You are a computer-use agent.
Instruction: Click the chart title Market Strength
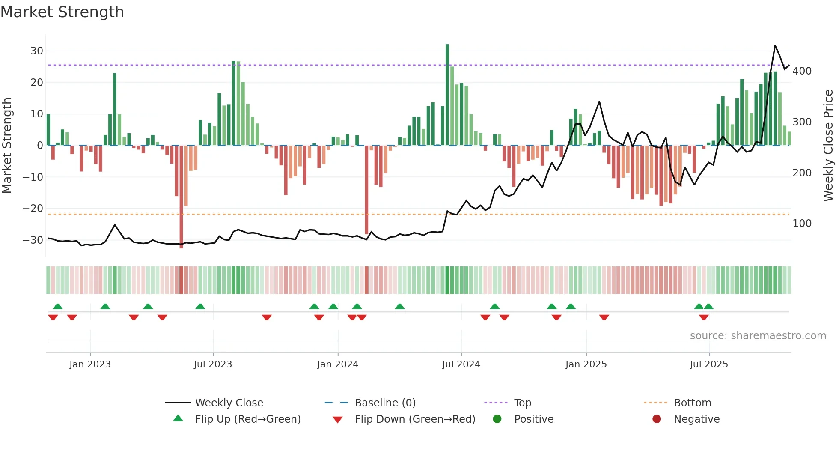(62, 12)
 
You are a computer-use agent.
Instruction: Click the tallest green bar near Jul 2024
(447, 94)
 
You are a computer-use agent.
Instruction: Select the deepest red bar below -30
(181, 197)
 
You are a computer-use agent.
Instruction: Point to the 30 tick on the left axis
(37, 51)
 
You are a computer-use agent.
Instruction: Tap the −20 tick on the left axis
(33, 209)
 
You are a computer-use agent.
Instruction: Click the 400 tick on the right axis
(802, 71)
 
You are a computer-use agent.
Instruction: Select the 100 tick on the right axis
(802, 224)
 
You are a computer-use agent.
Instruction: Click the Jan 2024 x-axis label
(338, 364)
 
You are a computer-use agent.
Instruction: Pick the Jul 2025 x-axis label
(709, 364)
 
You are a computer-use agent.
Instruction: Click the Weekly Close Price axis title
(828, 146)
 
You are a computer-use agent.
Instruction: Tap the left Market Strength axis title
(7, 146)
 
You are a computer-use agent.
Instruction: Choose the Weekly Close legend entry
(229, 403)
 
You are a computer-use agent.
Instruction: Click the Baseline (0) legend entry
(385, 403)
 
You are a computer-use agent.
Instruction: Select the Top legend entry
(522, 403)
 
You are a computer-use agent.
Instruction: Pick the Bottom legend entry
(692, 403)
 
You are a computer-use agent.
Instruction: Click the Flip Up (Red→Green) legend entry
(247, 419)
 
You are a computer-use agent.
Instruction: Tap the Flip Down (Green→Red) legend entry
(414, 419)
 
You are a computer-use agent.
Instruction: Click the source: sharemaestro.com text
(758, 336)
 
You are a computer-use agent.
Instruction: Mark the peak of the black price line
(775, 46)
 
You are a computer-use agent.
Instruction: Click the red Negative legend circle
(657, 419)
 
